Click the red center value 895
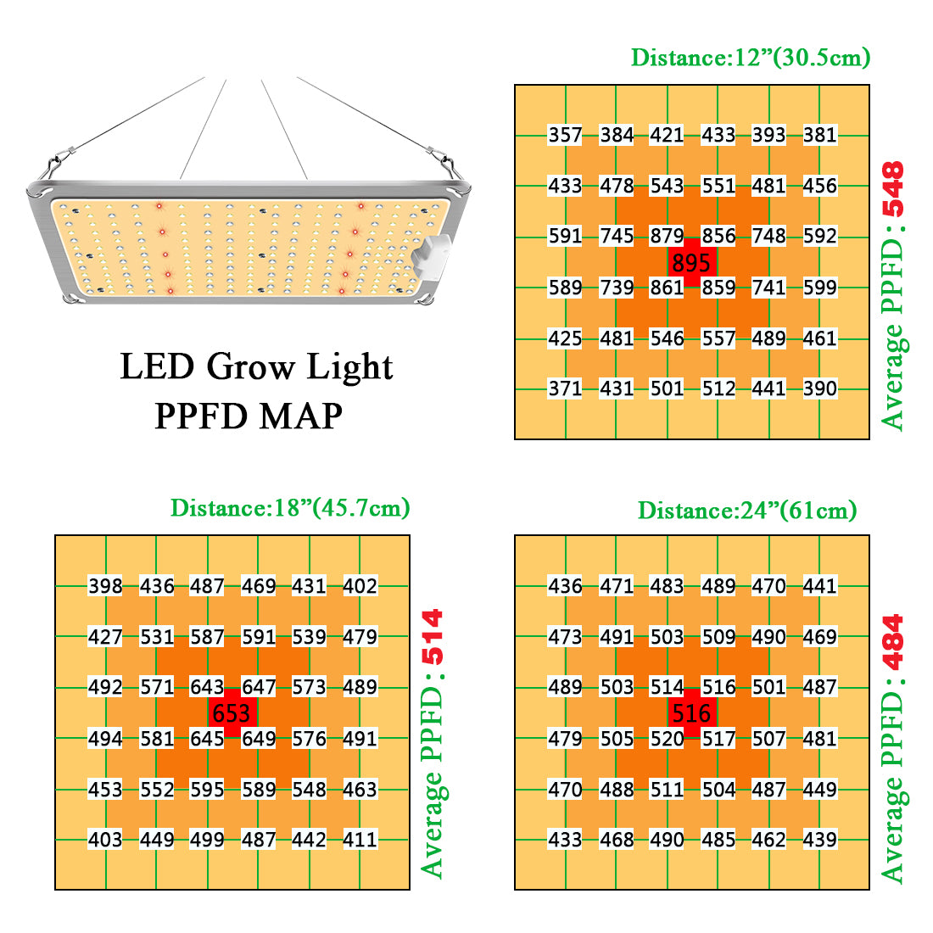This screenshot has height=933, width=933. coord(691,263)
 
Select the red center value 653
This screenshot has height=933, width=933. coord(232,713)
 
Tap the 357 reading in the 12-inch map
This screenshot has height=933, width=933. coord(565,135)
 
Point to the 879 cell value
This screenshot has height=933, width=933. coord(667,237)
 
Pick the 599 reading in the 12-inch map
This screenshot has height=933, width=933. coord(819,288)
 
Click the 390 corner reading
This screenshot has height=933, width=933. coord(819,389)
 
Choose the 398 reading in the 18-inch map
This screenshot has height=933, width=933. coord(105,586)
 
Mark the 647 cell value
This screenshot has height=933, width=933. coord(259,688)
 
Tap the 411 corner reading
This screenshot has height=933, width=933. coord(360,841)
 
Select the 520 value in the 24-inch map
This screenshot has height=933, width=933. coord(667,739)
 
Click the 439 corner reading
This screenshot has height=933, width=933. coord(819,841)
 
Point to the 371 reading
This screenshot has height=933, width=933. coord(565,389)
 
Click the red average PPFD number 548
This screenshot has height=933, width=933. coord(892,188)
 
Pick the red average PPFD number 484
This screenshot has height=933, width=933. coord(892,642)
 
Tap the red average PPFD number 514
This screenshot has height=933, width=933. coord(433,638)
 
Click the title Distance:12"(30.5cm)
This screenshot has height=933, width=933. coord(751,58)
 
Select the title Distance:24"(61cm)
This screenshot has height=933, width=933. coord(747,511)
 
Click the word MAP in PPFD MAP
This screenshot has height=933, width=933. coord(301,416)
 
